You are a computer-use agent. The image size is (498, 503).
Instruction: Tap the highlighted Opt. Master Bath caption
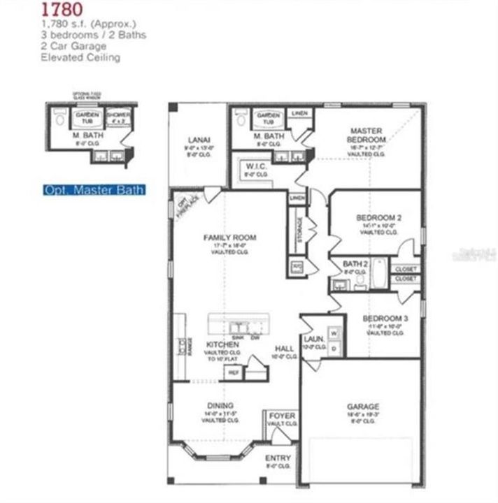point(94,189)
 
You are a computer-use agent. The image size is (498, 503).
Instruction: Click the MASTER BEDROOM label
point(368,135)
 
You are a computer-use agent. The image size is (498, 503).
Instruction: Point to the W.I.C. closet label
point(252,166)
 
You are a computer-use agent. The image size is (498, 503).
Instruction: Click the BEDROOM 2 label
point(378,217)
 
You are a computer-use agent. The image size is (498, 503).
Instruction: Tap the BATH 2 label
point(355,263)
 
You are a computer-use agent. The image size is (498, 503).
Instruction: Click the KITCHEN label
point(222,345)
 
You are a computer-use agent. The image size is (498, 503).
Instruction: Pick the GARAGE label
point(362,407)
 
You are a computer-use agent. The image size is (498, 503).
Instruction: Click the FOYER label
point(283,416)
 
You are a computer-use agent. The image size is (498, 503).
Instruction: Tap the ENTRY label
point(278,458)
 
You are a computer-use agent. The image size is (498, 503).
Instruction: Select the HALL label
point(283,347)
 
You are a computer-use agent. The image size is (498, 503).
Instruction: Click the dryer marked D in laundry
point(334,347)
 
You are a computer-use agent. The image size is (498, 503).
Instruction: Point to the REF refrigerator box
point(233,373)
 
